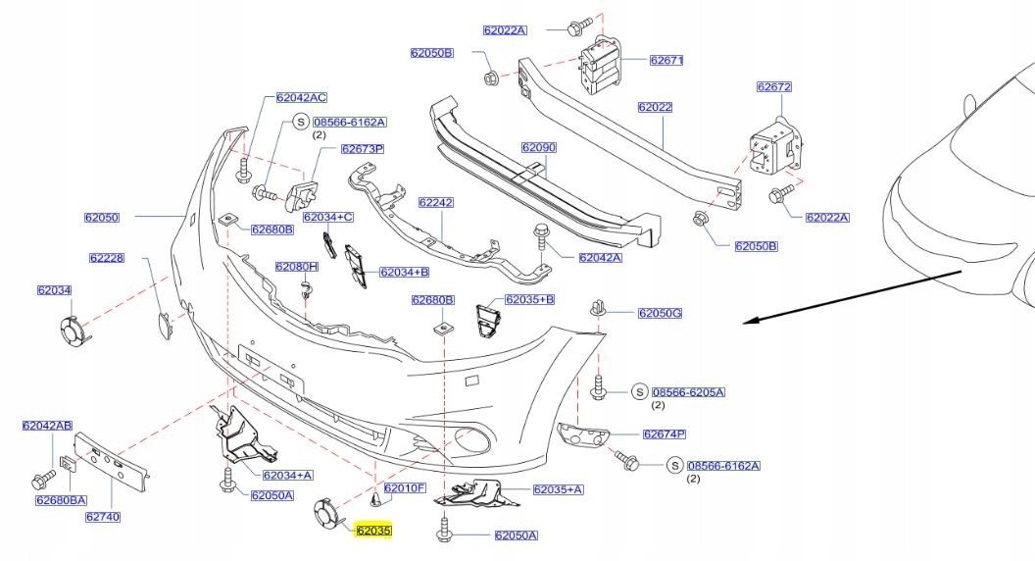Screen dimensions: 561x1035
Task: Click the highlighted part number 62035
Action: [x=373, y=531]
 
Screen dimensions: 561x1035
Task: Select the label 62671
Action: [x=665, y=60]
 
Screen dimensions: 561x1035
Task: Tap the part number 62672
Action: [x=773, y=86]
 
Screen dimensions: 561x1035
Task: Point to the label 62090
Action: [x=538, y=147]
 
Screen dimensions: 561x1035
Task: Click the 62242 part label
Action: [x=435, y=203]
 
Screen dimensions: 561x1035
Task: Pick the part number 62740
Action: [x=102, y=516]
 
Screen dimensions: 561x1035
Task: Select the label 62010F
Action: [x=404, y=487]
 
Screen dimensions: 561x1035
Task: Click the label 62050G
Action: [x=660, y=313]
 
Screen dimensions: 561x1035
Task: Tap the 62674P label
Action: [x=664, y=433]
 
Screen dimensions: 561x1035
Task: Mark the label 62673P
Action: [x=362, y=149]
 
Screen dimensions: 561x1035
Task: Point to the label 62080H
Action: [x=296, y=266]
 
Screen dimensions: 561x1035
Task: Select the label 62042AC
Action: [x=301, y=97]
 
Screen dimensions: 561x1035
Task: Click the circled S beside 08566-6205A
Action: [x=638, y=392]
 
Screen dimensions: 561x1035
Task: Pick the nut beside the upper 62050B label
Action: [x=490, y=76]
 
